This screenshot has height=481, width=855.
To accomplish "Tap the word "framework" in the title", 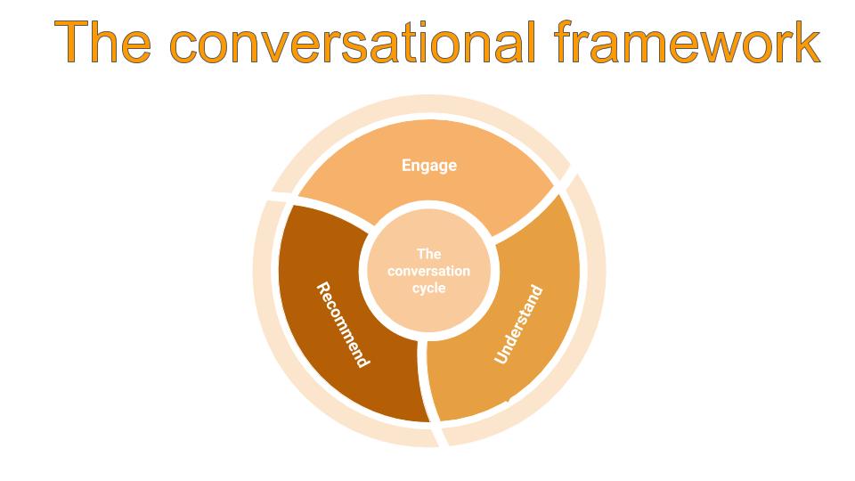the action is [x=688, y=42].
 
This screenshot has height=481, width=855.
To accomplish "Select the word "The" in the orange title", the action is [x=102, y=42].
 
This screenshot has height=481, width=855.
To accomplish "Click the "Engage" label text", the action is [x=429, y=166].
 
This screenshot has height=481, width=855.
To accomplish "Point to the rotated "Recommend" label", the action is [x=344, y=324].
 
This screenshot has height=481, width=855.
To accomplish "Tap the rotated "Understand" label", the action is [x=518, y=324].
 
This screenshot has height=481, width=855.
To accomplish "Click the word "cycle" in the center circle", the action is [x=429, y=289].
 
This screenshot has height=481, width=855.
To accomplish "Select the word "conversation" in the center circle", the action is [x=429, y=271].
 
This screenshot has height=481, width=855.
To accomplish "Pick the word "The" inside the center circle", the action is [x=429, y=254].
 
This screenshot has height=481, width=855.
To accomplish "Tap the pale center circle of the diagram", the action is [x=429, y=271].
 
